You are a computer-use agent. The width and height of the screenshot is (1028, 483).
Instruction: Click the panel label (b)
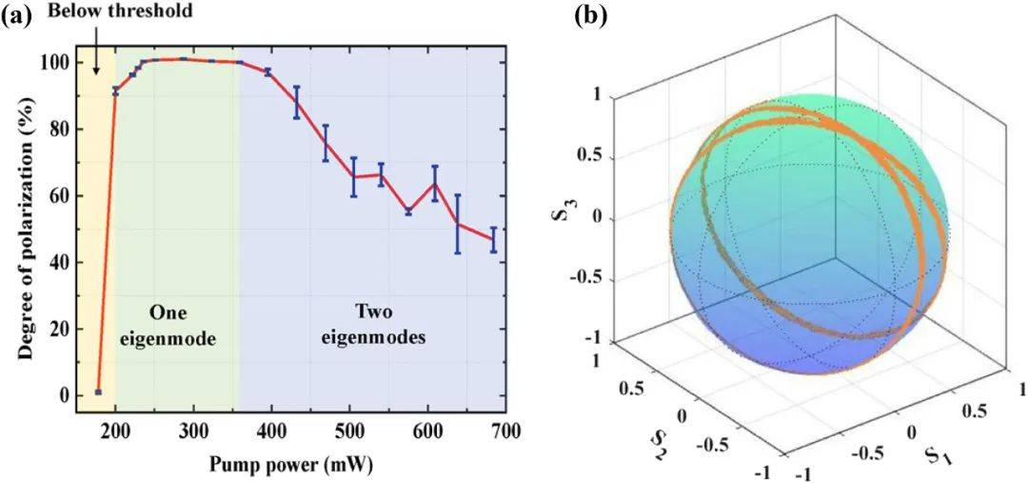tap(593, 14)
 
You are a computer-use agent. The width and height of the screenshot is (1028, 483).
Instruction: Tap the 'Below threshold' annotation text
tap(122, 11)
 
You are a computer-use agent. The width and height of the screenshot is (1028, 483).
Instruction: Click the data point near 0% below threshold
tap(99, 392)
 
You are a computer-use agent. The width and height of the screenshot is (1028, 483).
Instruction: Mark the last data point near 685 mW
tap(494, 239)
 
